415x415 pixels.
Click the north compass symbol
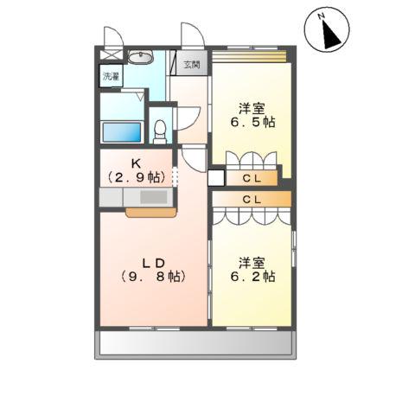[327, 32]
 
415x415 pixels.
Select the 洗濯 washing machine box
[112, 77]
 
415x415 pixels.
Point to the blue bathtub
[121, 132]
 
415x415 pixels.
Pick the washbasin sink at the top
[141, 58]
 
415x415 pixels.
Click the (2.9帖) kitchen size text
[135, 176]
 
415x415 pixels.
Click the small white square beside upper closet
[215, 178]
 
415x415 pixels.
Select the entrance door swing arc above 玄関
[192, 36]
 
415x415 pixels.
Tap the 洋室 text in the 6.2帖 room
[252, 262]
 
